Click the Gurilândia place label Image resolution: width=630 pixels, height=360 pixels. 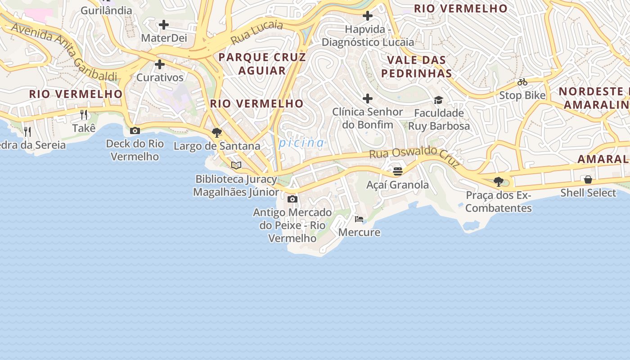[106, 10]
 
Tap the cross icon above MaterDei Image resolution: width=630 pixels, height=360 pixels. [164, 25]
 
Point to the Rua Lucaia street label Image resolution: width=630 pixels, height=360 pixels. [256, 32]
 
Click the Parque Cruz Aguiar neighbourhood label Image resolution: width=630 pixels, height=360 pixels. [262, 64]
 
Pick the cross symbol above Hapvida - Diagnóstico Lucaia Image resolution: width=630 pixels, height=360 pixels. [368, 16]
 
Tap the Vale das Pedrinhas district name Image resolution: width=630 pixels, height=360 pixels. [416, 67]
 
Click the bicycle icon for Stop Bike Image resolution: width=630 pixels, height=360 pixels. [522, 82]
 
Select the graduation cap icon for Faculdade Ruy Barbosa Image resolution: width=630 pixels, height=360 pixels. [439, 100]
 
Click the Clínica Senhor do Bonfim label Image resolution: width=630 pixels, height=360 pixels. [368, 118]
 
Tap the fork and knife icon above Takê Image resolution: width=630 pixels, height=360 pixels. [84, 115]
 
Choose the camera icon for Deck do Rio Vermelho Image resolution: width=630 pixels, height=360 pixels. [135, 131]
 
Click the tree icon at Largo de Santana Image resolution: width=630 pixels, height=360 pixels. [217, 133]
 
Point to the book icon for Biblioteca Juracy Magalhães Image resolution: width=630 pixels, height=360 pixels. [236, 165]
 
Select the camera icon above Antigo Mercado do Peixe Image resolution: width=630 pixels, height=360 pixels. [292, 199]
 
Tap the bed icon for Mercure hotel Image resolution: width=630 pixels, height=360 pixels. [359, 219]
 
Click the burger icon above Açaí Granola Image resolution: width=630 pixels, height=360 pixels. [397, 171]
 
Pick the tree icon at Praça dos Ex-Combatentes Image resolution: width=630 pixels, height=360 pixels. [498, 182]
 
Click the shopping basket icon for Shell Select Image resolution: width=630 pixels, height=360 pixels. [588, 180]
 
